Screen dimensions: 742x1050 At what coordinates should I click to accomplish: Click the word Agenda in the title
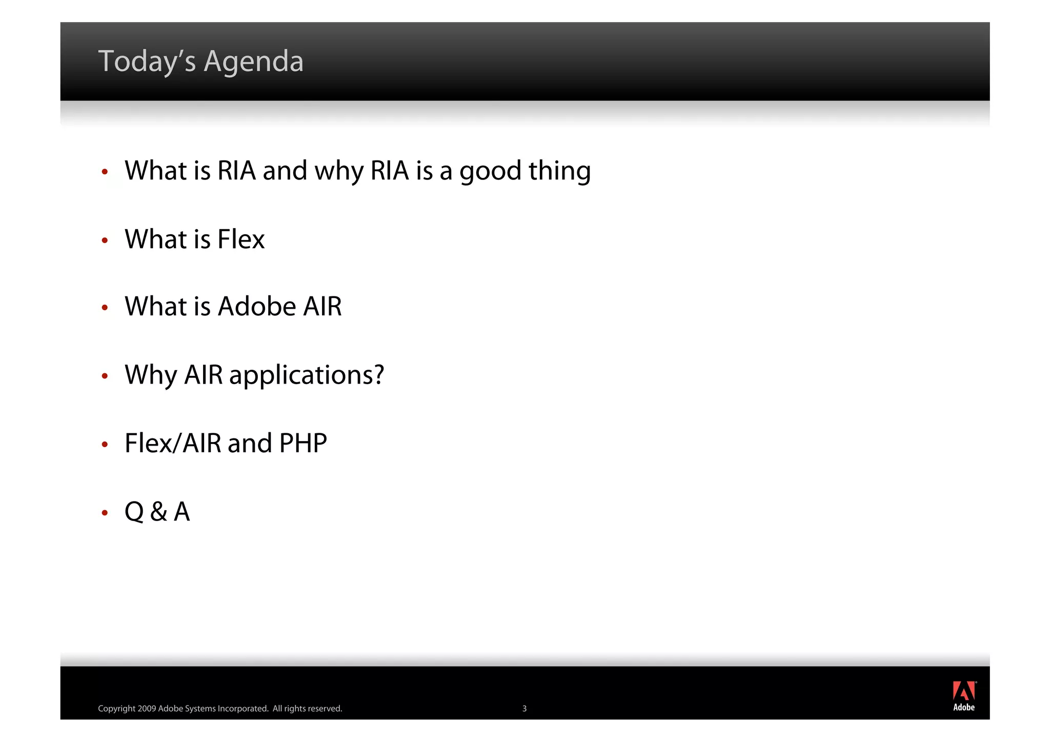pyautogui.click(x=253, y=62)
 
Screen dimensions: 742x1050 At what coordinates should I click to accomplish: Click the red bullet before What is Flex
pyautogui.click(x=105, y=240)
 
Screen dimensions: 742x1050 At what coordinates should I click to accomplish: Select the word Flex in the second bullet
pyautogui.click(x=241, y=239)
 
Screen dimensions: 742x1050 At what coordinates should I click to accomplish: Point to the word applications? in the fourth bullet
pyautogui.click(x=306, y=375)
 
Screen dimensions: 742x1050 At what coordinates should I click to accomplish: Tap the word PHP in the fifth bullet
pyautogui.click(x=303, y=443)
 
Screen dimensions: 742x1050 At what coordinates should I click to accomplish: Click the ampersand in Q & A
pyautogui.click(x=159, y=512)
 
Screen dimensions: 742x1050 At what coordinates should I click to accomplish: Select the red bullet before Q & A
pyautogui.click(x=105, y=512)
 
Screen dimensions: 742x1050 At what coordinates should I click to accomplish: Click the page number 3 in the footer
pyautogui.click(x=524, y=709)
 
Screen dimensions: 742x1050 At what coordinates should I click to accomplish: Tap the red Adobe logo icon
pyautogui.click(x=964, y=691)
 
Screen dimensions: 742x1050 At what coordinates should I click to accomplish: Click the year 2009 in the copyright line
pyautogui.click(x=147, y=709)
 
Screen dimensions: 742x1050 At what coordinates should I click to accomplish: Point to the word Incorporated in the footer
pyautogui.click(x=243, y=709)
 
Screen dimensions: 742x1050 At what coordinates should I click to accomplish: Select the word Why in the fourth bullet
pyautogui.click(x=151, y=375)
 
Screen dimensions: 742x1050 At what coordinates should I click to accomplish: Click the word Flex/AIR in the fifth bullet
pyautogui.click(x=173, y=443)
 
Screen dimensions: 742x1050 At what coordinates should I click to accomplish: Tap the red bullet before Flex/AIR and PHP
pyautogui.click(x=105, y=444)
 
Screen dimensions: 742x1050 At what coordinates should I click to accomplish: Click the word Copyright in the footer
pyautogui.click(x=116, y=709)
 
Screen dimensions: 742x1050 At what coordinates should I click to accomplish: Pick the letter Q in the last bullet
pyautogui.click(x=134, y=512)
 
